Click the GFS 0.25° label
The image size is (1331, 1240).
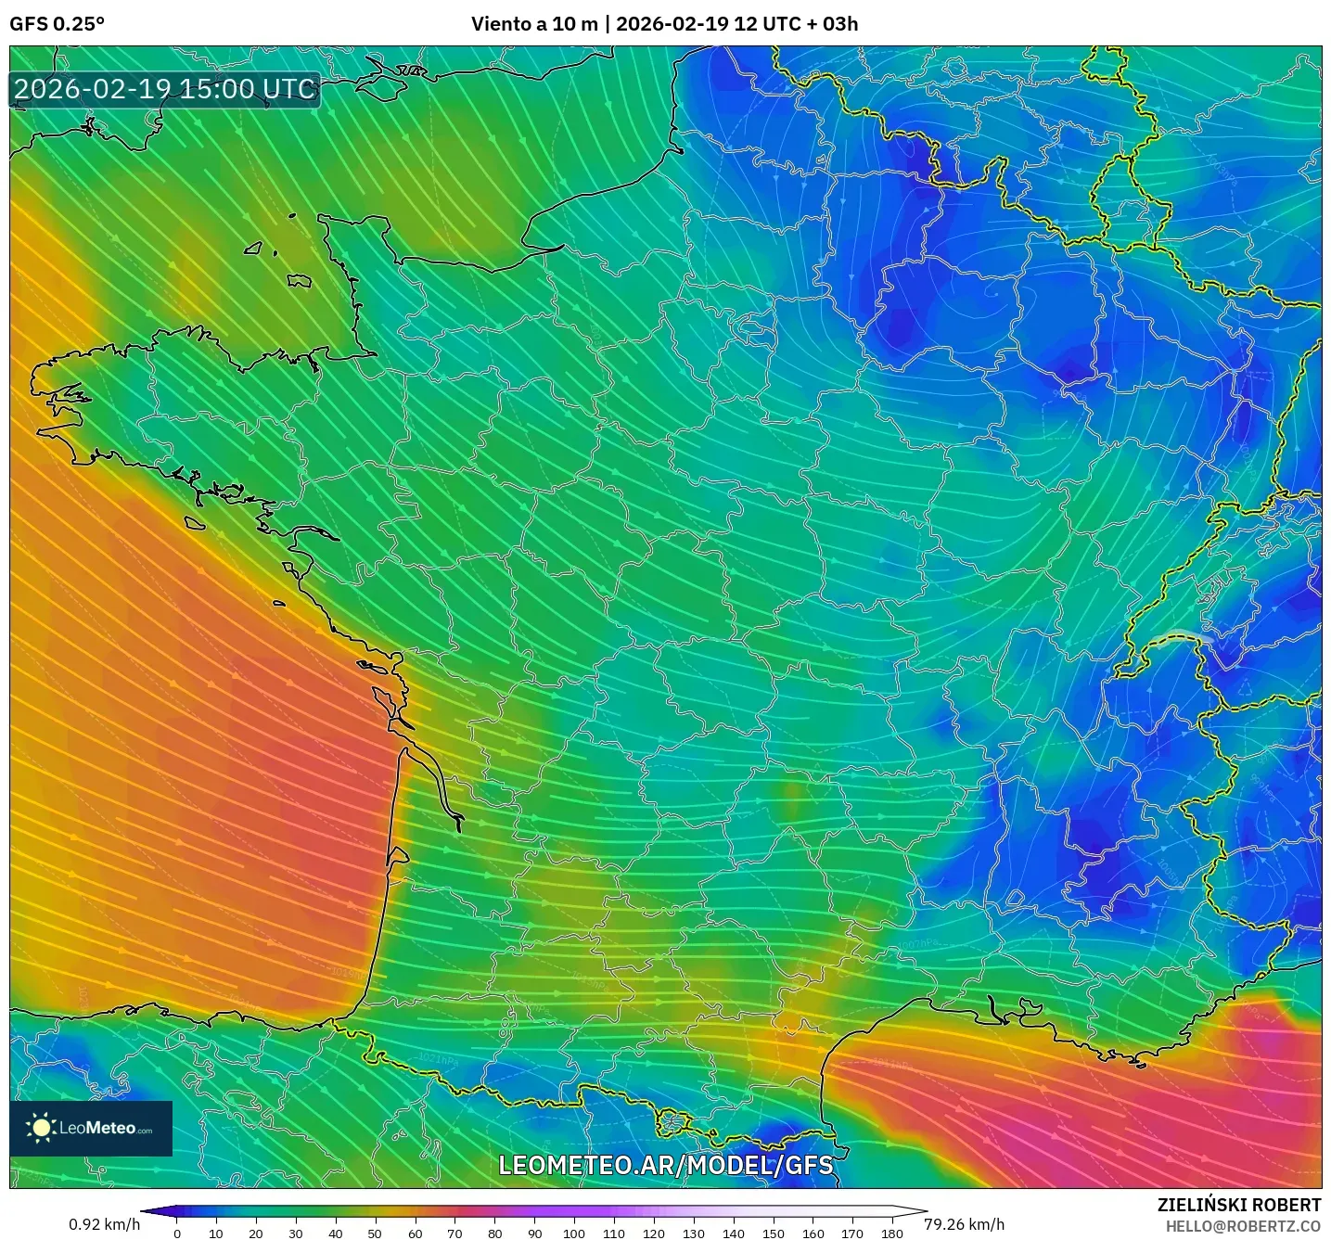pos(57,24)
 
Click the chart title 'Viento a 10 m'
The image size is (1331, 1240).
pos(534,24)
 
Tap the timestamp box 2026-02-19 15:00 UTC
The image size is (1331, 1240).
pos(165,90)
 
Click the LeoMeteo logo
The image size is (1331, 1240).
pos(91,1128)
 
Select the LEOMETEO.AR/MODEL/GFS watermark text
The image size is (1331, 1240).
pos(665,1165)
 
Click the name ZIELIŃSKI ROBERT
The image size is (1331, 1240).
pos(1238,1205)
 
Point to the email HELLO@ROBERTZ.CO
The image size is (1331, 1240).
pos(1243,1226)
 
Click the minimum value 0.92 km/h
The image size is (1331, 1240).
pos(104,1224)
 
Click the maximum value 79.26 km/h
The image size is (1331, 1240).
pos(964,1224)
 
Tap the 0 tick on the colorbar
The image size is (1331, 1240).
pos(177,1233)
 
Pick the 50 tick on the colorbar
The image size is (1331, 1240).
pos(375,1233)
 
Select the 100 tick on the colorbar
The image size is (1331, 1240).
pos(574,1233)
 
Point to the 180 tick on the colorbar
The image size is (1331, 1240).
pos(891,1233)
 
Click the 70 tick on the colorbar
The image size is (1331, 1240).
pos(454,1233)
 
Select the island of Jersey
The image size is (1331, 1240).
pos(299,280)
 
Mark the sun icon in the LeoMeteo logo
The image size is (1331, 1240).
pos(41,1128)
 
